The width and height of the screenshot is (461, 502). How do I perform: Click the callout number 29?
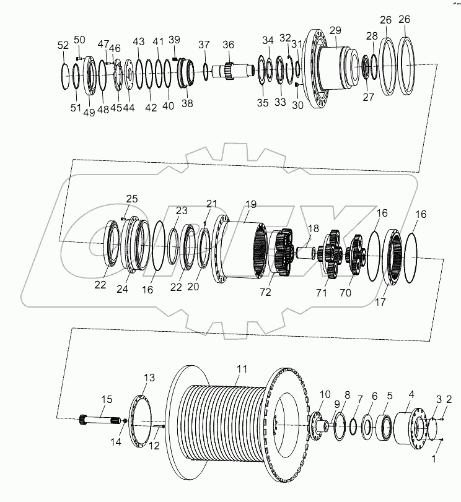click(335, 30)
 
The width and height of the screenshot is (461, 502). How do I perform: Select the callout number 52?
click(63, 45)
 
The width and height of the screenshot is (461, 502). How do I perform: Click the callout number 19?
click(250, 204)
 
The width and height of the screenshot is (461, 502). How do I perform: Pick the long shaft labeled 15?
click(99, 420)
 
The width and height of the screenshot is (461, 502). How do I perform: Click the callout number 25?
click(131, 199)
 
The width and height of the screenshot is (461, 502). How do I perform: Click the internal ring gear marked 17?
click(393, 256)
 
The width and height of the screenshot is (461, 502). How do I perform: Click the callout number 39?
click(175, 40)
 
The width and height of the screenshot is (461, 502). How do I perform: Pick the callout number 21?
click(212, 204)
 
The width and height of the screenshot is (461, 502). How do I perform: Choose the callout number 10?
click(325, 394)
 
